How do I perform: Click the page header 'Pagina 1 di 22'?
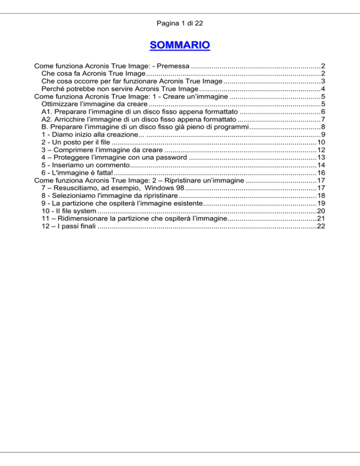(180, 23)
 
